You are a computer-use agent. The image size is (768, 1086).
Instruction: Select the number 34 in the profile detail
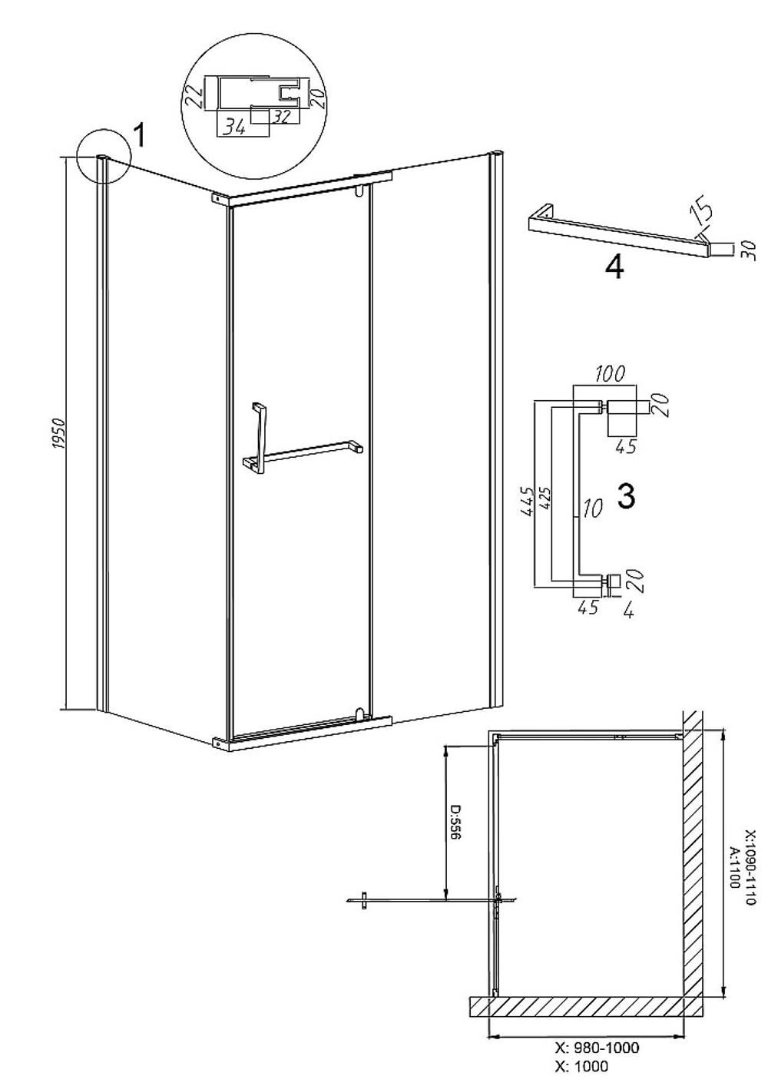(x=235, y=128)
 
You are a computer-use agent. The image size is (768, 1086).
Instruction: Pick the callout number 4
(x=614, y=267)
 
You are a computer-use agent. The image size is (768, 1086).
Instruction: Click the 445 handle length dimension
(x=527, y=502)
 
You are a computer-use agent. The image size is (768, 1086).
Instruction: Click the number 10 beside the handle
(x=592, y=508)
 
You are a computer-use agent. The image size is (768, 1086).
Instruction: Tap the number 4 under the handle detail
(x=628, y=612)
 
